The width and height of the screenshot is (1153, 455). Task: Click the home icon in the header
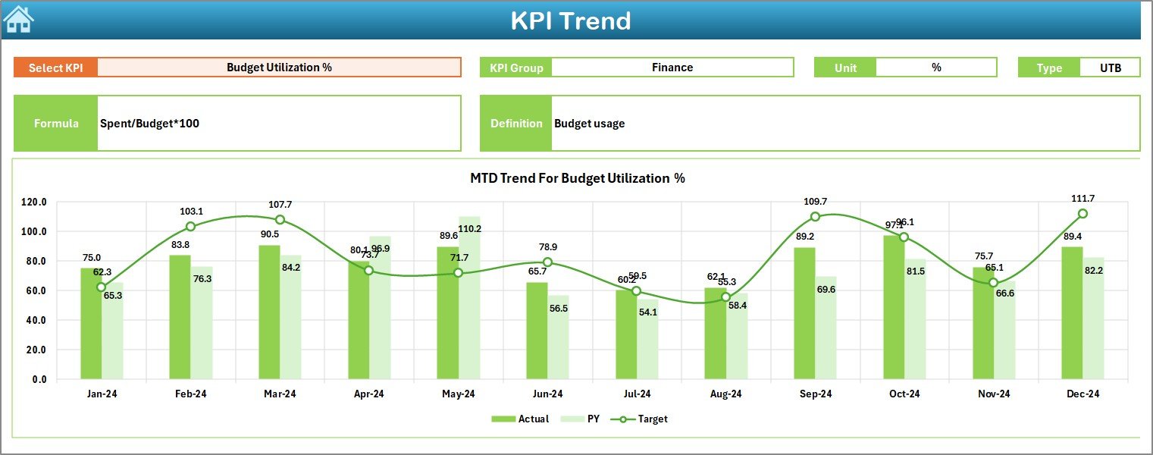click(18, 19)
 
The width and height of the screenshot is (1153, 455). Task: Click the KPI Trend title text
click(570, 20)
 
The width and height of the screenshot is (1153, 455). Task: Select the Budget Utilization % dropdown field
click(279, 67)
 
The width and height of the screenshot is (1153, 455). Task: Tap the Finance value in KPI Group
click(672, 67)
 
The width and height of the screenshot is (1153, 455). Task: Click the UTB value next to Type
click(1110, 67)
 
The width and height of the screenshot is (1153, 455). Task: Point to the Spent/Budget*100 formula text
click(149, 123)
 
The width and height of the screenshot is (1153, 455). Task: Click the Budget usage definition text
click(589, 123)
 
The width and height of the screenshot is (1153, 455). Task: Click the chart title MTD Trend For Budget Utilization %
click(577, 178)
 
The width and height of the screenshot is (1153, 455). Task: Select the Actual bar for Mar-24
click(269, 311)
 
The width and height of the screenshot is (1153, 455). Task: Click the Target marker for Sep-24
click(815, 217)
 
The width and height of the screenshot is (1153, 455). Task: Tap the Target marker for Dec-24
click(1083, 214)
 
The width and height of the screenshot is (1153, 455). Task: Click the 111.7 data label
click(1083, 198)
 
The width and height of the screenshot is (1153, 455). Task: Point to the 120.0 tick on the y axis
click(34, 202)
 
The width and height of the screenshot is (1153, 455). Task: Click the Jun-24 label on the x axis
click(547, 394)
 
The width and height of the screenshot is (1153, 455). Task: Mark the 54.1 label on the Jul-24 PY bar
click(648, 312)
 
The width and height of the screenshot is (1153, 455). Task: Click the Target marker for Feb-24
click(190, 227)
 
